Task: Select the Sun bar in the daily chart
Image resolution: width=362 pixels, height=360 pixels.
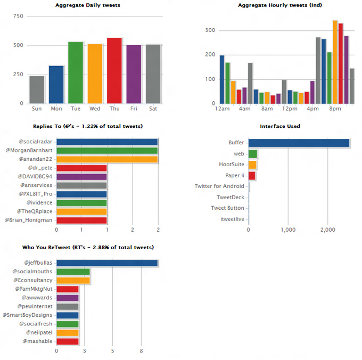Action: (37, 89)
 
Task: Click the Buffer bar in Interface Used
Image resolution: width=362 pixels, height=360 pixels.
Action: (299, 143)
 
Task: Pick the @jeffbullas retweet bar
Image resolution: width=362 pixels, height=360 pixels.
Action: (107, 263)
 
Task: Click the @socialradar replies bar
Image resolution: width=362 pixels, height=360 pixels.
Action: (107, 142)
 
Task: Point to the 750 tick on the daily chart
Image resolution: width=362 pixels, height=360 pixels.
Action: (18, 17)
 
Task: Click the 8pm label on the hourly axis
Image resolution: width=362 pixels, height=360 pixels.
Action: (335, 109)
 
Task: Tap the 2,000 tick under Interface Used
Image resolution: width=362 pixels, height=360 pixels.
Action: (327, 230)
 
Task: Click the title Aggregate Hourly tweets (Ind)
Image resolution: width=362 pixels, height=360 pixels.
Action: (281, 5)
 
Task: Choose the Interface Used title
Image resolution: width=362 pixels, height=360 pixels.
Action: (279, 126)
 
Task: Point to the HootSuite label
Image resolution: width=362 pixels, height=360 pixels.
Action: (232, 165)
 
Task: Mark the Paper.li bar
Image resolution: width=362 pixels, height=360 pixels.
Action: (252, 175)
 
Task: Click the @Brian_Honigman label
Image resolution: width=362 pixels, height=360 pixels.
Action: (29, 220)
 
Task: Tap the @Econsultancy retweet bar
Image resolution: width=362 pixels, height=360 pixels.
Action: (73, 280)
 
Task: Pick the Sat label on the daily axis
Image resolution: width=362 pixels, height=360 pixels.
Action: (153, 109)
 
